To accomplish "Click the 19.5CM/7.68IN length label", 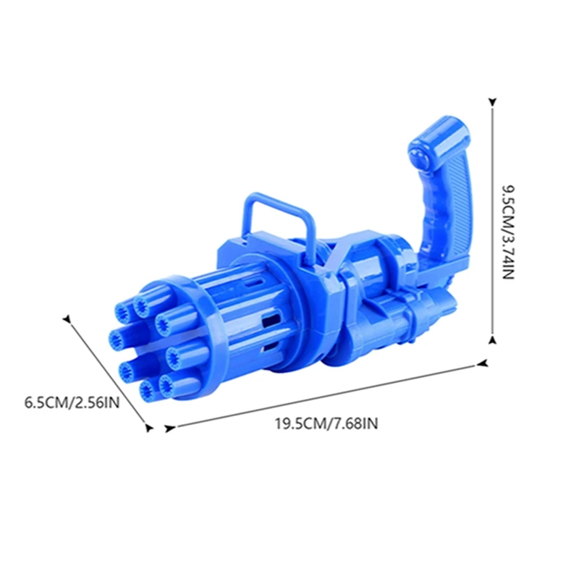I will (326, 423).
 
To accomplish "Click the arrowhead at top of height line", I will (492, 103).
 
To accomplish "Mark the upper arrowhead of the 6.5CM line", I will (67, 318).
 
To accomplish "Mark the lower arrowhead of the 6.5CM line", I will (150, 428).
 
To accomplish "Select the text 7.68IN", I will (354, 423).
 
